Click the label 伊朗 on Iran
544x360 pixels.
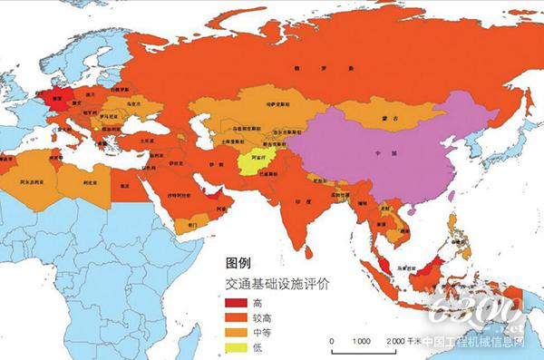[x=216, y=164]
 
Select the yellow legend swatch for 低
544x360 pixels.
[x=238, y=347]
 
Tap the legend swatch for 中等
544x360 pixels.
[x=238, y=332]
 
